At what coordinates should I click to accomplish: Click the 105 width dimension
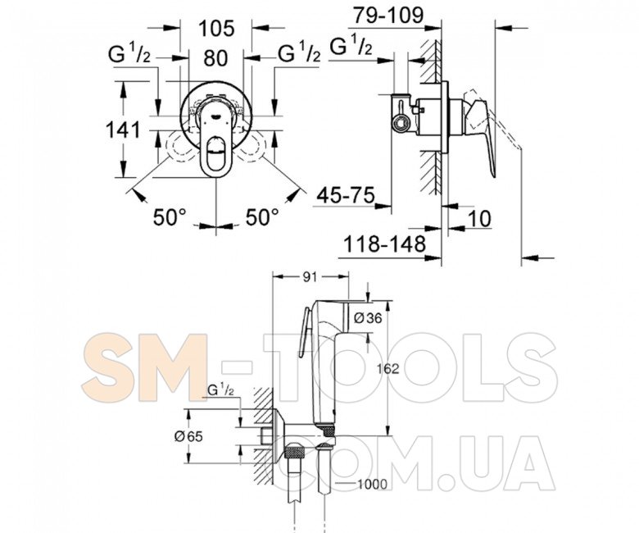216,29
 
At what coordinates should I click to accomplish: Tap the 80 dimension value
215,58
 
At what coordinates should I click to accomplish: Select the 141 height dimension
123,130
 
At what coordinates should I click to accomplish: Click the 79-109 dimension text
388,16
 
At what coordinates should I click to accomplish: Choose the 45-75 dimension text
346,195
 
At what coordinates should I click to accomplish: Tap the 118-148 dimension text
385,244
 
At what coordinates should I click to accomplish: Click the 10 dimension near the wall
479,219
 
